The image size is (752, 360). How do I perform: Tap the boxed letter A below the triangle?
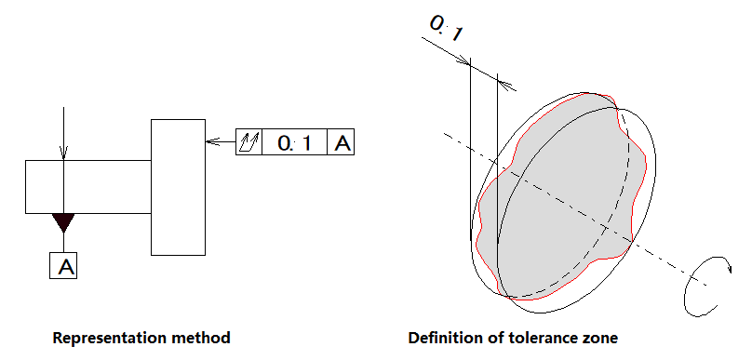click(x=63, y=265)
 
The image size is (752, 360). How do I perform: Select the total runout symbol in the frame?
click(x=249, y=142)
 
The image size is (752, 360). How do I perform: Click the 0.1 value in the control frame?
click(x=294, y=142)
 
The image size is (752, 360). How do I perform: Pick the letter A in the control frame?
click(x=342, y=142)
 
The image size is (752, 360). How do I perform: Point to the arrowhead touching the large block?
click(x=212, y=142)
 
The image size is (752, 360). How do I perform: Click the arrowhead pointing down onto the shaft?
click(x=63, y=153)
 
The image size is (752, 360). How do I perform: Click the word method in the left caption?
click(x=203, y=338)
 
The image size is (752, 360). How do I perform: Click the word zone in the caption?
click(x=597, y=339)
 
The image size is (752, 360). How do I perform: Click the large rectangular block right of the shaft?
click(x=179, y=187)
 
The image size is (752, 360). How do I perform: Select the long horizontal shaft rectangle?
click(x=88, y=187)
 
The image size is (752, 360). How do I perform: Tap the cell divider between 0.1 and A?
click(x=327, y=142)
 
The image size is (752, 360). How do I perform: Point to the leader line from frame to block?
click(x=221, y=142)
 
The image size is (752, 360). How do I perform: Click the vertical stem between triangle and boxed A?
click(x=63, y=243)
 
